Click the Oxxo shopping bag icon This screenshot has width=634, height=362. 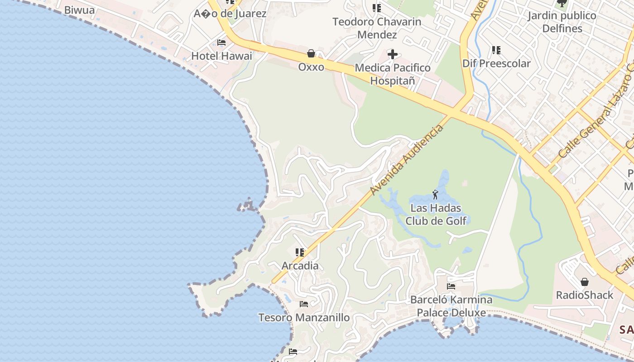311,54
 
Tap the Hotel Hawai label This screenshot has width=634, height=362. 221,56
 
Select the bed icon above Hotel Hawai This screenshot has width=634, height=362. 221,43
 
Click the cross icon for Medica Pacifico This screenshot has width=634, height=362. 393,55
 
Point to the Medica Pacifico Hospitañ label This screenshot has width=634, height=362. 393,74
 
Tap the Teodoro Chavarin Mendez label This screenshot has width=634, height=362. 377,28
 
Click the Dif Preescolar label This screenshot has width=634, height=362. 496,63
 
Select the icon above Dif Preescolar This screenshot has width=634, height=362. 496,50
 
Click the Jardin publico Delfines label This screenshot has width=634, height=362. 562,22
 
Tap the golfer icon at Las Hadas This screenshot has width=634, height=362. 436,195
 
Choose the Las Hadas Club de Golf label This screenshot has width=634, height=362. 436,214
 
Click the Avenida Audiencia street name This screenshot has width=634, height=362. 406,160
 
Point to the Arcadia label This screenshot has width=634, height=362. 300,266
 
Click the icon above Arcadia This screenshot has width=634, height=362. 300,252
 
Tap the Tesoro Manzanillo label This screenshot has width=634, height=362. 304,318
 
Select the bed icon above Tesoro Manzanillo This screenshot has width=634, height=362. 304,304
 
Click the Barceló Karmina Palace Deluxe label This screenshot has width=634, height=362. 451,306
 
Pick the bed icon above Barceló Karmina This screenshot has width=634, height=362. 451,286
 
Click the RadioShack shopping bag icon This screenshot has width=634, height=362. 585,282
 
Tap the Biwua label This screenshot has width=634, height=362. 79,10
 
